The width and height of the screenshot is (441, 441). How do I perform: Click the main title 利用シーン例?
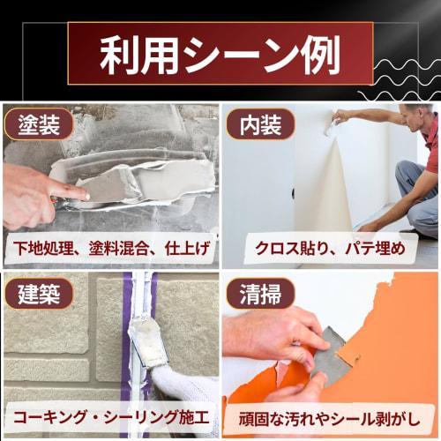[x=220, y=56]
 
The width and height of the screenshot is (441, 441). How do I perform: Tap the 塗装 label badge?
[x=38, y=126]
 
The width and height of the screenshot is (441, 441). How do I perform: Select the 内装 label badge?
[x=260, y=125]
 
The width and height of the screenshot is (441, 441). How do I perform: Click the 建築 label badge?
[x=38, y=293]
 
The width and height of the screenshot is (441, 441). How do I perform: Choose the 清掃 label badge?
[x=260, y=293]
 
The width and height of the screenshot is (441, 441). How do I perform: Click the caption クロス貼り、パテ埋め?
[x=330, y=248]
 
